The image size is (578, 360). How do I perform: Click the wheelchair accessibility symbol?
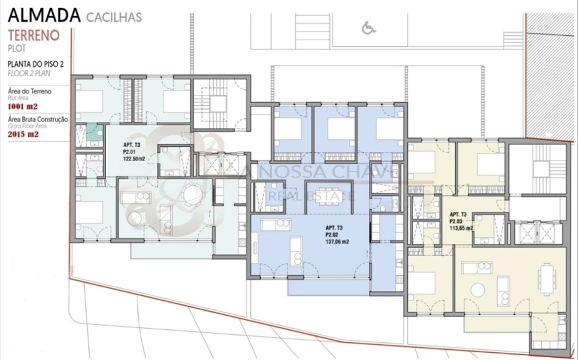[368, 28]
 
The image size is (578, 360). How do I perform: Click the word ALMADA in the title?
[44, 16]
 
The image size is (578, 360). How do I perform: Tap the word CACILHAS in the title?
[114, 17]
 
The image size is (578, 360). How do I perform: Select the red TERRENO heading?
[34, 35]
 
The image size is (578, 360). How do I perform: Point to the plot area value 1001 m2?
[22, 107]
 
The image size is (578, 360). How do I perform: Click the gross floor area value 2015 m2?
[23, 134]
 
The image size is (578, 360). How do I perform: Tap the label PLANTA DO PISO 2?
[36, 64]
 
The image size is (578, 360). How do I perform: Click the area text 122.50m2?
[134, 159]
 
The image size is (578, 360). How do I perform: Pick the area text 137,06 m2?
[337, 242]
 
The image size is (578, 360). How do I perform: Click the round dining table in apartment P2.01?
[191, 193]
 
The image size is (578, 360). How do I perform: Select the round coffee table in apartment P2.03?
[477, 290]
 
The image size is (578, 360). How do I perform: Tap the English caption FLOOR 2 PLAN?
[29, 73]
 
